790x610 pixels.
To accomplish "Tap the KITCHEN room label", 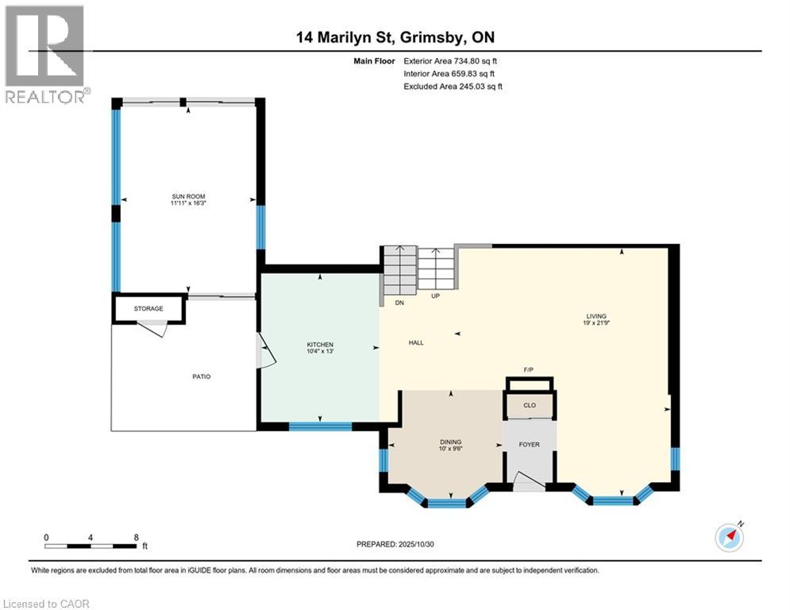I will click(320, 345).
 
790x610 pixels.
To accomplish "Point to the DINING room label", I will click(450, 442).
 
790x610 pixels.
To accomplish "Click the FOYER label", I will click(529, 444).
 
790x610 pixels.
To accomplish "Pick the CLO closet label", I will click(529, 405).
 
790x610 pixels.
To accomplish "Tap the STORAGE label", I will click(148, 308).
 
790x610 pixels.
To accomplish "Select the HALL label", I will click(416, 343).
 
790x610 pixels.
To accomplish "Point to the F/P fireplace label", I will click(529, 371).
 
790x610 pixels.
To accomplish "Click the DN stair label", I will click(400, 303).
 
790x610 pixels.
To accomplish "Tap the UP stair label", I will click(435, 296).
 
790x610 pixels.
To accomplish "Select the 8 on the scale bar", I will click(137, 537).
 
